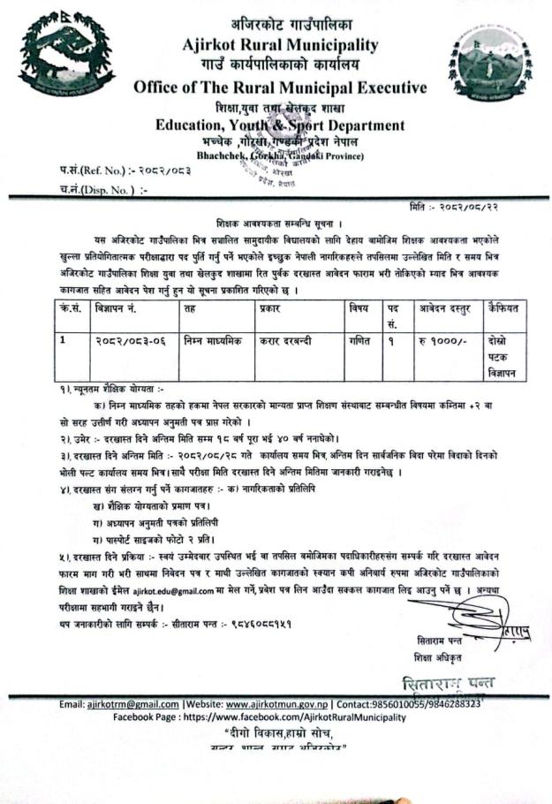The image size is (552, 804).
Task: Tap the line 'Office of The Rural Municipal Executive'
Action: [280, 87]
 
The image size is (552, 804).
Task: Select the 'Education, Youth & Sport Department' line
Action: [280, 125]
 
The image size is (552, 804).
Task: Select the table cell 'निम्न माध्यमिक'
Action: [212, 341]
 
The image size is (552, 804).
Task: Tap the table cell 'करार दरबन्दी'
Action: [291, 341]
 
